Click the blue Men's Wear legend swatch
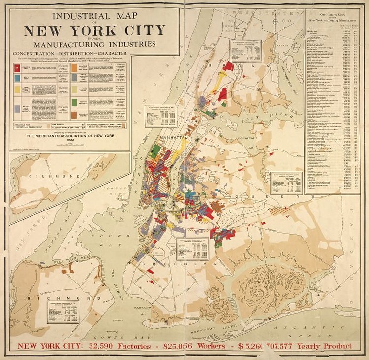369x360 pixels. click(17, 79)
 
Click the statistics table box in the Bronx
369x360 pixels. click(246, 51)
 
